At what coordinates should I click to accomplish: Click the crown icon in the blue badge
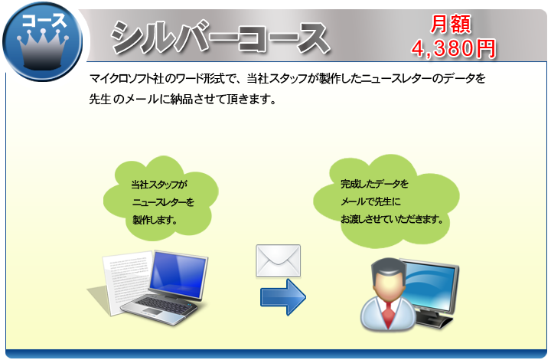pos(43,49)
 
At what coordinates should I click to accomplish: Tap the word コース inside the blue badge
pos(44,21)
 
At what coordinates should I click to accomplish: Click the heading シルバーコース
pos(220,38)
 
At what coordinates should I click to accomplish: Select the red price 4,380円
pos(454,48)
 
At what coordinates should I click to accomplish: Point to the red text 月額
pos(451,25)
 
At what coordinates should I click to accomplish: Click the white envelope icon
pos(279,261)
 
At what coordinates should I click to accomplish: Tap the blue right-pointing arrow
pos(283,297)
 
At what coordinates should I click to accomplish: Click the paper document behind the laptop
pos(126,281)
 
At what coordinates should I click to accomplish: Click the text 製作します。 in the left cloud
pos(155,220)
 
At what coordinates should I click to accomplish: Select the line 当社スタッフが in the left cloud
pos(159,185)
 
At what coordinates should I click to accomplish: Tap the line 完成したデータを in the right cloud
pos(374,184)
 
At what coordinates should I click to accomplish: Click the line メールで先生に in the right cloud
pos(370,201)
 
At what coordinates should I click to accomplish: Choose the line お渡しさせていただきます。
pos(392,219)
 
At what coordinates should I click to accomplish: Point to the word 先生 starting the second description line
pos(100,99)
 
